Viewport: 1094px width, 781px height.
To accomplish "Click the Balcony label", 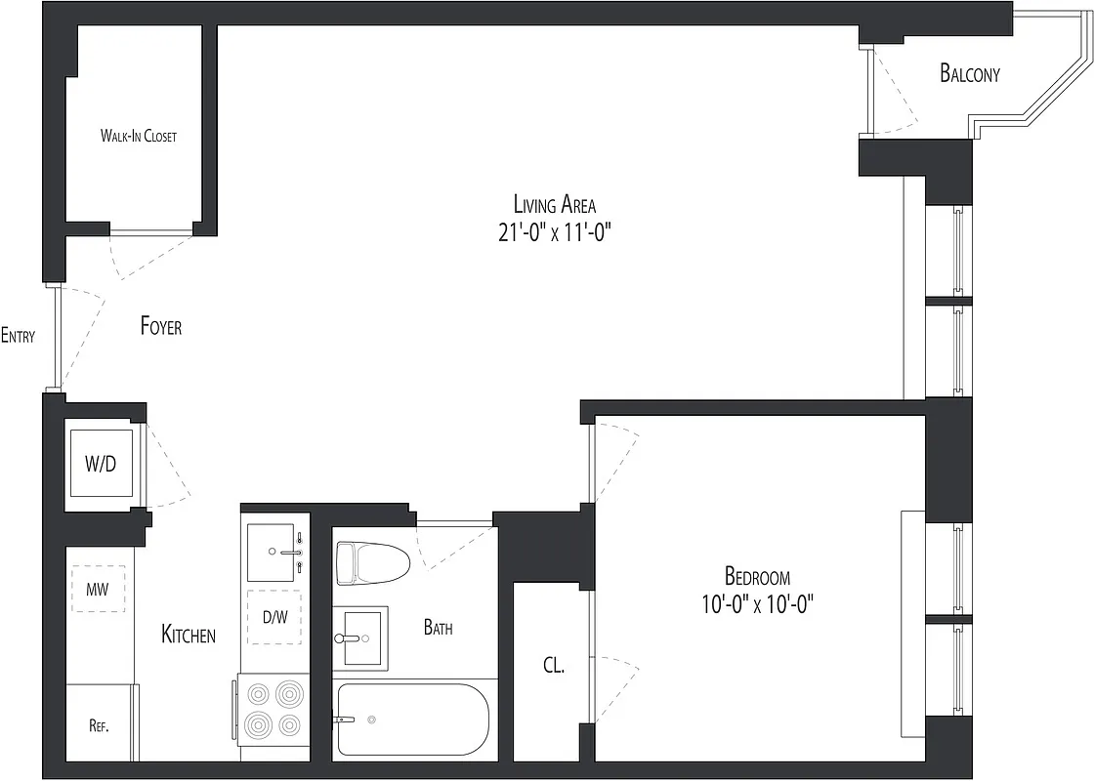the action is tap(970, 73).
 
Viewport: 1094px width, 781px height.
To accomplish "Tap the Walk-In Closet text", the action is tap(138, 136).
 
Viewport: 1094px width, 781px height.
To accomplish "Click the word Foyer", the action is tap(161, 326).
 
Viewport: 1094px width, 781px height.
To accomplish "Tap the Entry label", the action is tap(19, 336).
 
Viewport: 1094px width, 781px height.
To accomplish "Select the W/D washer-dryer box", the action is tap(102, 464).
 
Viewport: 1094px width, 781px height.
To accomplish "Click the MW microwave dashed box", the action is tap(99, 590).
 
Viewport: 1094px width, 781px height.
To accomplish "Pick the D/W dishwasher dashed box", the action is tap(274, 618).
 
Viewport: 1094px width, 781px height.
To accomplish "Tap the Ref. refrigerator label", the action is tap(99, 726).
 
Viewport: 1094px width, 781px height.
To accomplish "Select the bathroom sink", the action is tap(360, 637).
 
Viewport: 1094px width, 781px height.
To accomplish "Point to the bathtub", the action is tap(412, 719).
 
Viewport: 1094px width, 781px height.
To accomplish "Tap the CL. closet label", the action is tap(554, 666).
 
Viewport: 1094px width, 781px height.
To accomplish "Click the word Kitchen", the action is tap(189, 635).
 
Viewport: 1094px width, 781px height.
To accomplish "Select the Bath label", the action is tap(439, 628).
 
